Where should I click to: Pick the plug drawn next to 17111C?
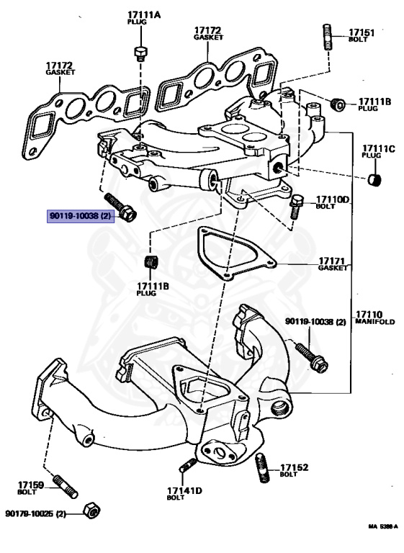click(x=374, y=179)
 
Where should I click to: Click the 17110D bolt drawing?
click(x=295, y=207)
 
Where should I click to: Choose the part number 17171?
click(x=333, y=260)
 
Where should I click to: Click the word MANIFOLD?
click(x=372, y=322)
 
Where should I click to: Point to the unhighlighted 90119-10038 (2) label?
click(x=316, y=321)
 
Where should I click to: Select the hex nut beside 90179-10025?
click(x=91, y=510)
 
